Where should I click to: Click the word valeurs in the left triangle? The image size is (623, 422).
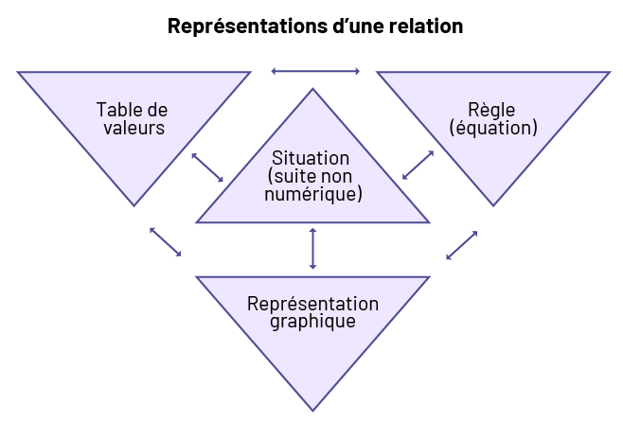click(133, 128)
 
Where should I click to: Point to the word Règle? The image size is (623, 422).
click(491, 110)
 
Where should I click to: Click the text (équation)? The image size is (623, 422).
click(491, 128)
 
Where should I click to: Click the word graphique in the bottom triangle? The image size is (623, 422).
click(312, 321)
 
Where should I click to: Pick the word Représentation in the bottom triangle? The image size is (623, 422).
click(312, 304)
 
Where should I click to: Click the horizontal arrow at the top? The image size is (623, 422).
click(315, 71)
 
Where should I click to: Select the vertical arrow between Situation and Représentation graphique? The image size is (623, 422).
click(312, 249)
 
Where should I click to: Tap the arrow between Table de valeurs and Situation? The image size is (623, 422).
click(207, 167)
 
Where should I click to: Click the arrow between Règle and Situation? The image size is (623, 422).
click(418, 165)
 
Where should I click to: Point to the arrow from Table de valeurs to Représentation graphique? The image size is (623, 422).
click(166, 241)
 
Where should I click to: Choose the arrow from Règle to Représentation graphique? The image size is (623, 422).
click(461, 245)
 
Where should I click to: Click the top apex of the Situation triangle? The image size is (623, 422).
click(312, 89)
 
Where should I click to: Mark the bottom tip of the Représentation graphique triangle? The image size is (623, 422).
click(312, 410)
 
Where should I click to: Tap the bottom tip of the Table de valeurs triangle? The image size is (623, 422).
click(133, 205)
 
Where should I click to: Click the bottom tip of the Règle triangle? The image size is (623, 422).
click(492, 205)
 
